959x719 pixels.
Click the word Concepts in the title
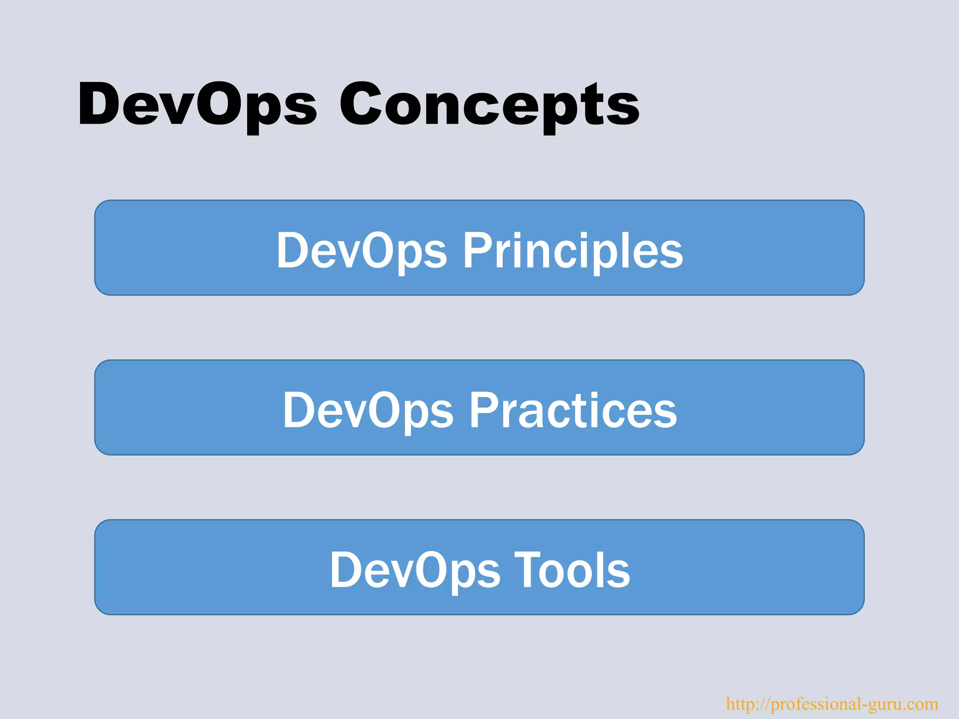coord(489,105)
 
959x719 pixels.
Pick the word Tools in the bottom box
coord(572,570)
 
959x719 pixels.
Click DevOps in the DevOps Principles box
coord(361,251)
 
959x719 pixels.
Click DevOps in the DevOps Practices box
coord(368,411)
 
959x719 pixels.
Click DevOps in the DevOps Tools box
coord(415,570)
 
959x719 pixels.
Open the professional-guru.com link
coord(832,704)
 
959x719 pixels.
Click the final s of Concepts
coord(626,109)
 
